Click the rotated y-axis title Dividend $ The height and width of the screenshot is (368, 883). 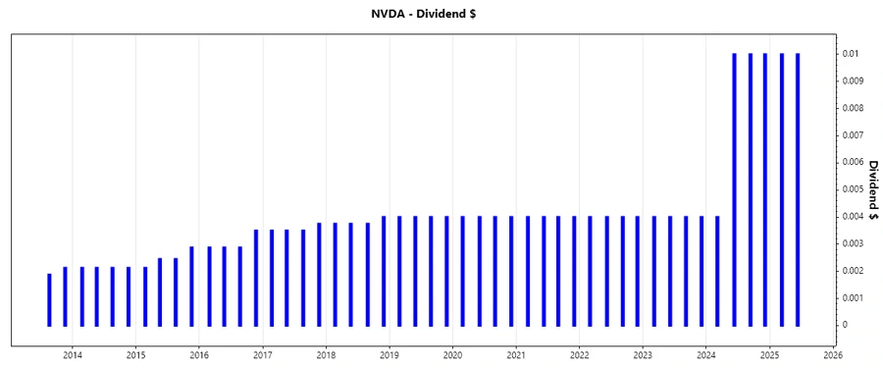tap(872, 189)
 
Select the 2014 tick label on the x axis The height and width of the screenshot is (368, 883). tap(72, 355)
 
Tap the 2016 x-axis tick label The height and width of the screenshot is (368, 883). tap(199, 355)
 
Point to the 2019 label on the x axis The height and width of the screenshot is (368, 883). tap(390, 355)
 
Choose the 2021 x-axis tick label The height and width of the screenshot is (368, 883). tap(516, 355)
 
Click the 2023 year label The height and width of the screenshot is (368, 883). tap(643, 355)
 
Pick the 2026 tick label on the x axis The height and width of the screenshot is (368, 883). tap(833, 355)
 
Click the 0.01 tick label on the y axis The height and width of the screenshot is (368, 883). tap(851, 54)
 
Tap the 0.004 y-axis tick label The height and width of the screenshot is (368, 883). tap(853, 216)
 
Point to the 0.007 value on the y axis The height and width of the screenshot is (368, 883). tap(853, 134)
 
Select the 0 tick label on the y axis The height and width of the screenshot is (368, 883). tap(845, 325)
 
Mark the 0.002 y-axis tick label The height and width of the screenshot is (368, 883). tap(853, 271)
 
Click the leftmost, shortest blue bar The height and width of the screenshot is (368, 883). tap(49, 299)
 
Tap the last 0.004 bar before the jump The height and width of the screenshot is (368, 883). tap(717, 271)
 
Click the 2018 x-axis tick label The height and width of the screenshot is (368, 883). tap(326, 355)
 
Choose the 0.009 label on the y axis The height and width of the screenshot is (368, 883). tap(853, 80)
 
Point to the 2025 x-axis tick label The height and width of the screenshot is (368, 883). tap(770, 355)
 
